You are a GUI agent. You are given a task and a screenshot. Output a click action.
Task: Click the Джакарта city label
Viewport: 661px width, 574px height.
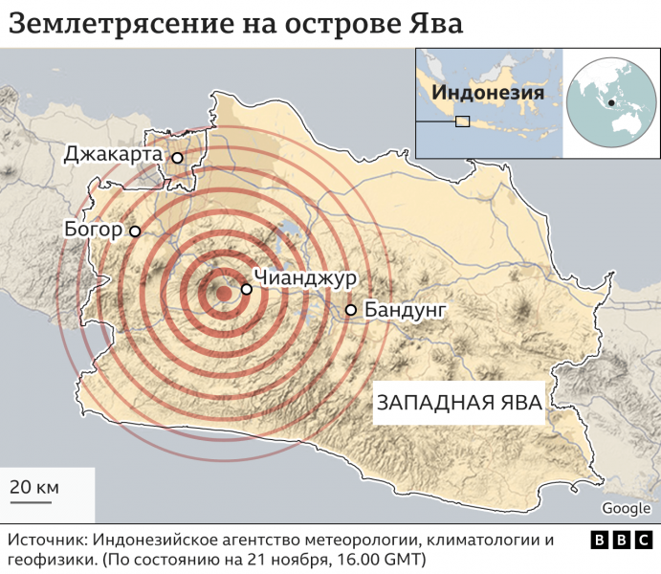pos(113,155)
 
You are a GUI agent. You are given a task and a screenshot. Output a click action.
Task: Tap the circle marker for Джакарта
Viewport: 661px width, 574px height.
pos(177,158)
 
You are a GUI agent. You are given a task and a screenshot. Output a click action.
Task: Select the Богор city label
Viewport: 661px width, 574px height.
pos(93,230)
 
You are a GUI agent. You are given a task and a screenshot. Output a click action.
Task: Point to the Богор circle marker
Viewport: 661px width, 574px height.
pos(135,231)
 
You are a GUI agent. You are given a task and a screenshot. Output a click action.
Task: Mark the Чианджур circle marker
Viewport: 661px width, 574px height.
pos(246,288)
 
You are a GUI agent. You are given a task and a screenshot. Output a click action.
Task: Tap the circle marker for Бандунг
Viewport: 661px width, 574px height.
pos(351,310)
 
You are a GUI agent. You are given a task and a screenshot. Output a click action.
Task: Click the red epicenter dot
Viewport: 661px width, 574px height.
pos(222,294)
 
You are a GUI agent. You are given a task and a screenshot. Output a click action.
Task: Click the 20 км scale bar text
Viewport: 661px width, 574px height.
pos(34,487)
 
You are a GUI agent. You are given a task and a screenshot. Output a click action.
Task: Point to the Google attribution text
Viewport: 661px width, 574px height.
pos(627,508)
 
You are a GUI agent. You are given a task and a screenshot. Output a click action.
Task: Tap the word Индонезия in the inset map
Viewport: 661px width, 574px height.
pos(488,93)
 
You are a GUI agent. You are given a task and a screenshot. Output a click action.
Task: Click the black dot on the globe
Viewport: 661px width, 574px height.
pos(609,102)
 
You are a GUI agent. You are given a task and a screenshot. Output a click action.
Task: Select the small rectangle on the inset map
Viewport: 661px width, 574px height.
pos(462,121)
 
